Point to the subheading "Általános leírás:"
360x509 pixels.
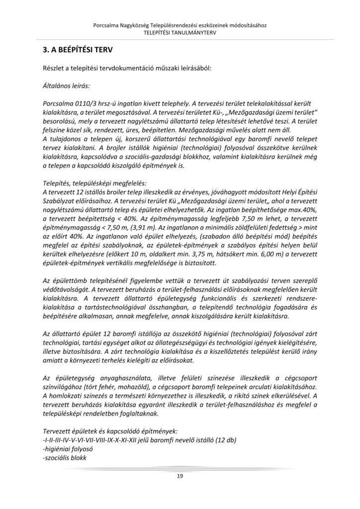pos(66,86)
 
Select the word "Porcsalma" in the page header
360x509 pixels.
pos(106,25)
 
